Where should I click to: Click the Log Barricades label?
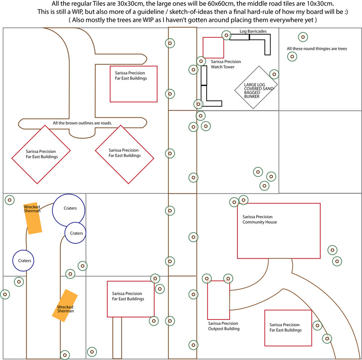[x=253, y=31]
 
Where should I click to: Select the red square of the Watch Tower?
[x=213, y=47]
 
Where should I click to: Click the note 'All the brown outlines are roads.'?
[x=82, y=123]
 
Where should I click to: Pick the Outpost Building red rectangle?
[x=219, y=300]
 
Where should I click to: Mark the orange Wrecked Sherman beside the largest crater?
[x=33, y=218]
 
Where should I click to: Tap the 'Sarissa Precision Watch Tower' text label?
[x=226, y=64]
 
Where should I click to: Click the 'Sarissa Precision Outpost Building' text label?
[x=224, y=326]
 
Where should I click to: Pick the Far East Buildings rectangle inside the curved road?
[x=288, y=327]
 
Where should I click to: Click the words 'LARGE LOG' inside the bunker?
[x=256, y=84]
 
